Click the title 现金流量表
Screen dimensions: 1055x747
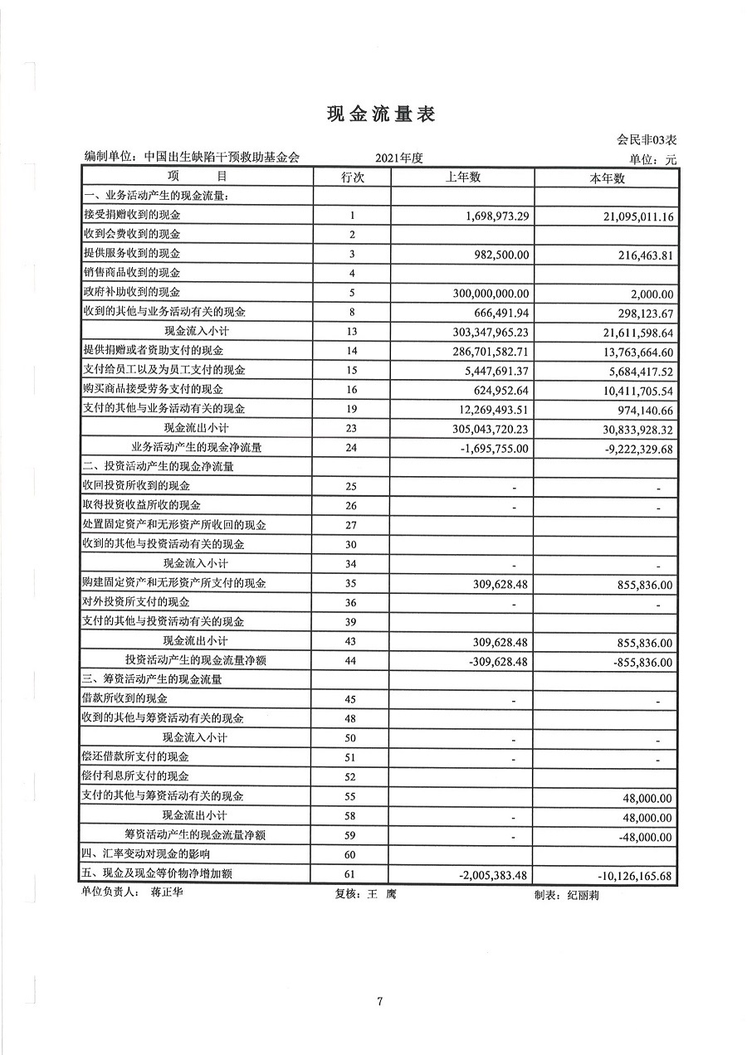click(381, 115)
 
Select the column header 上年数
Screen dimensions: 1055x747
click(462, 177)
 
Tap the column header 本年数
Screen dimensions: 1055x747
click(606, 177)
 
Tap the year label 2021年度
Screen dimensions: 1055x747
click(399, 158)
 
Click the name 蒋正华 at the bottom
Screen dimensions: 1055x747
click(168, 894)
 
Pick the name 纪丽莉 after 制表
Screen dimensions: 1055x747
click(582, 896)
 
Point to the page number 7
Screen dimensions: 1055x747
click(379, 1002)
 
